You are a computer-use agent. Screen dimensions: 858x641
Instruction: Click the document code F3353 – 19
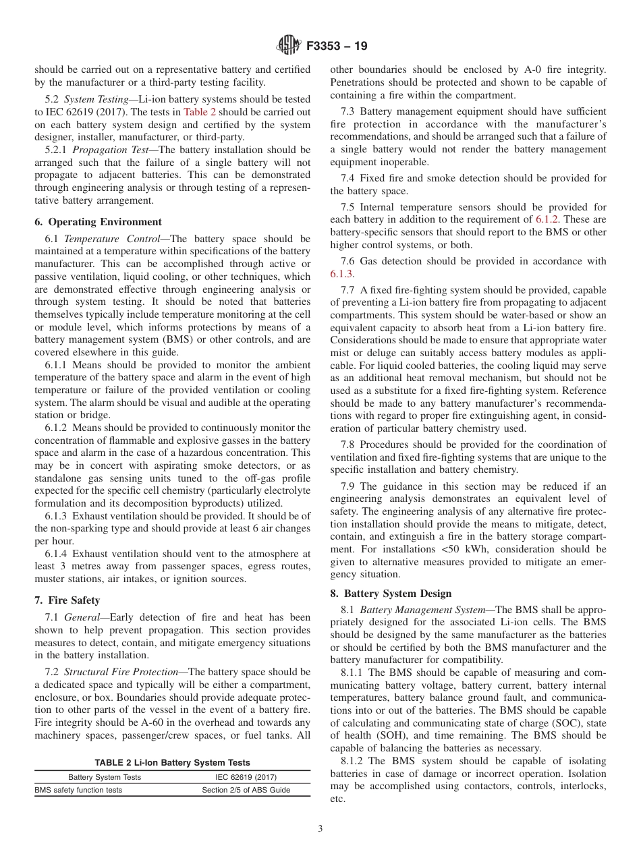pos(337,47)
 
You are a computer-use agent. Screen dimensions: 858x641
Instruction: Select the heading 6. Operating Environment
pos(98,222)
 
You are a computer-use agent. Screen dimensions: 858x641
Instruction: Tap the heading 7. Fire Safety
pos(67,600)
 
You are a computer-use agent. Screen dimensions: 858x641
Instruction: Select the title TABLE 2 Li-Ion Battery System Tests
pos(172,763)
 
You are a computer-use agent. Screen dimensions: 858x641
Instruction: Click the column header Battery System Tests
pos(105,777)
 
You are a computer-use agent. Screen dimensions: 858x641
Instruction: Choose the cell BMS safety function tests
pos(78,791)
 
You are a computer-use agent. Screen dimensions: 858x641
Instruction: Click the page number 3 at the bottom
pos(320,829)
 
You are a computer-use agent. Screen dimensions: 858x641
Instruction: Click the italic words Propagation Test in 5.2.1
pos(113,150)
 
